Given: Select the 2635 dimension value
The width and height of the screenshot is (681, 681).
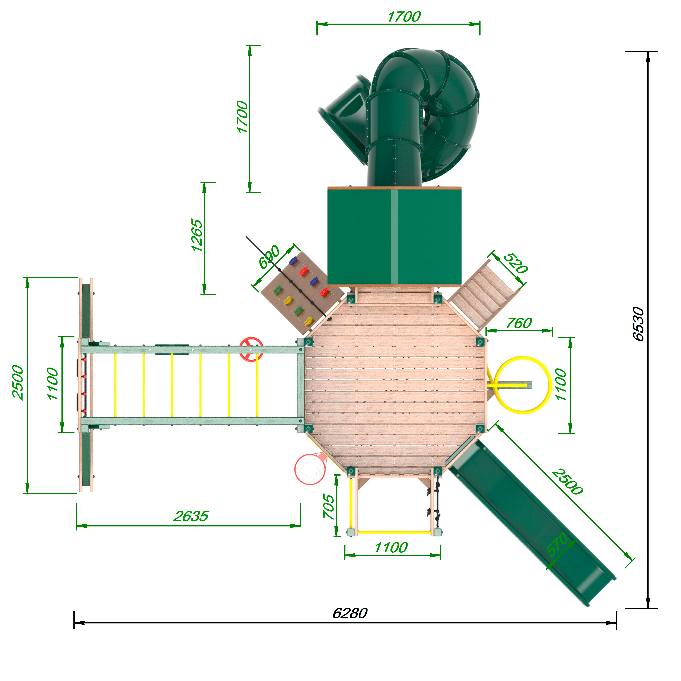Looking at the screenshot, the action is tap(191, 516).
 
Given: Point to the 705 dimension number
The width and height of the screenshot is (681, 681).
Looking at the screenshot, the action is tap(329, 506).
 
